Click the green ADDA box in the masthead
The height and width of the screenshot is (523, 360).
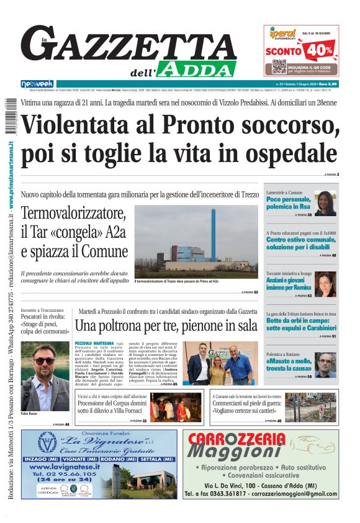pos(197,68)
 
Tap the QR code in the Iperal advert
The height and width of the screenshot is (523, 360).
pos(279,66)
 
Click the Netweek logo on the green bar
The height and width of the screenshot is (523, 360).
pos(37,83)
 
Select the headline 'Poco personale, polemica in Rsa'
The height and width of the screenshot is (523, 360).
pos(288,203)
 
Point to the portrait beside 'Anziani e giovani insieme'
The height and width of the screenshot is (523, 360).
pos(325,283)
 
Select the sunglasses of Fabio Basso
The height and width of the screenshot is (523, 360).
pos(43,361)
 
